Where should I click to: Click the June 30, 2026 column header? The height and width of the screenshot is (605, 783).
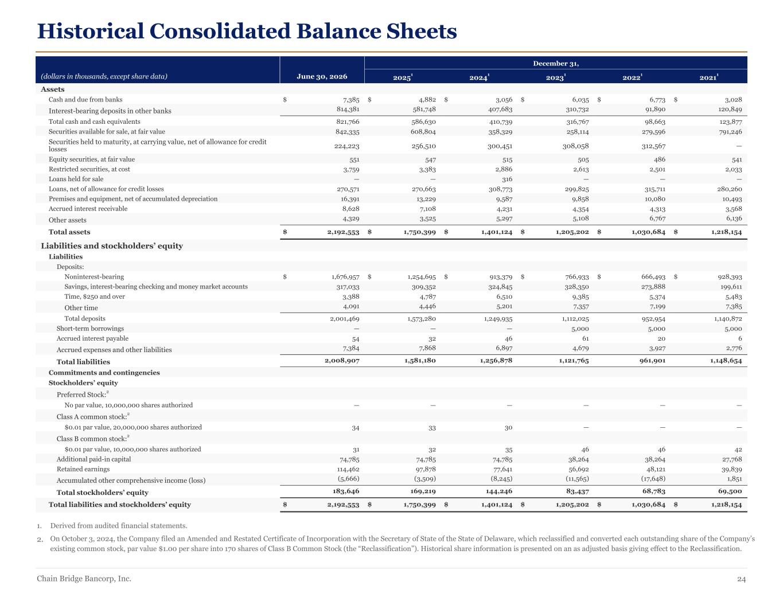point(322,76)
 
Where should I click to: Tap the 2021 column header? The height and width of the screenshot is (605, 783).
point(708,77)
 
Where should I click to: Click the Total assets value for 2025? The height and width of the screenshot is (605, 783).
point(419,232)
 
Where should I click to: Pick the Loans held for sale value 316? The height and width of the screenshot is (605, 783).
point(507,179)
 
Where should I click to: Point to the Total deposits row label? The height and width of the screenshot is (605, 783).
point(85,319)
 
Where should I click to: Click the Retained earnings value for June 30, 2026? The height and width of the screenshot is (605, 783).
point(348,470)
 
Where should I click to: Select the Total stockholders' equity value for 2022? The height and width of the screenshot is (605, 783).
point(653,491)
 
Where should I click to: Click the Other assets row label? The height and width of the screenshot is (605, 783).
point(67,220)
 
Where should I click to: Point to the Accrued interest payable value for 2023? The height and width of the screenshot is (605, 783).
point(585,339)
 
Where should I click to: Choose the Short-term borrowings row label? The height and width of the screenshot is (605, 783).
point(90,329)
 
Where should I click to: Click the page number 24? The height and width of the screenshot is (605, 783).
point(741,579)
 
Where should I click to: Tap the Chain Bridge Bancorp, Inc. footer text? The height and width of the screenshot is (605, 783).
point(84,579)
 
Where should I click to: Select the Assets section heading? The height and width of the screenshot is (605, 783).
point(53,89)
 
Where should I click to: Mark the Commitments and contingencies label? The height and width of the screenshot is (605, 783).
point(104,373)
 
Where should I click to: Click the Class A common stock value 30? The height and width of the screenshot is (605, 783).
point(508,428)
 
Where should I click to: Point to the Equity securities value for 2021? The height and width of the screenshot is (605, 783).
point(737,159)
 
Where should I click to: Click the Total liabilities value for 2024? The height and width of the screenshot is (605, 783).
point(496,361)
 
